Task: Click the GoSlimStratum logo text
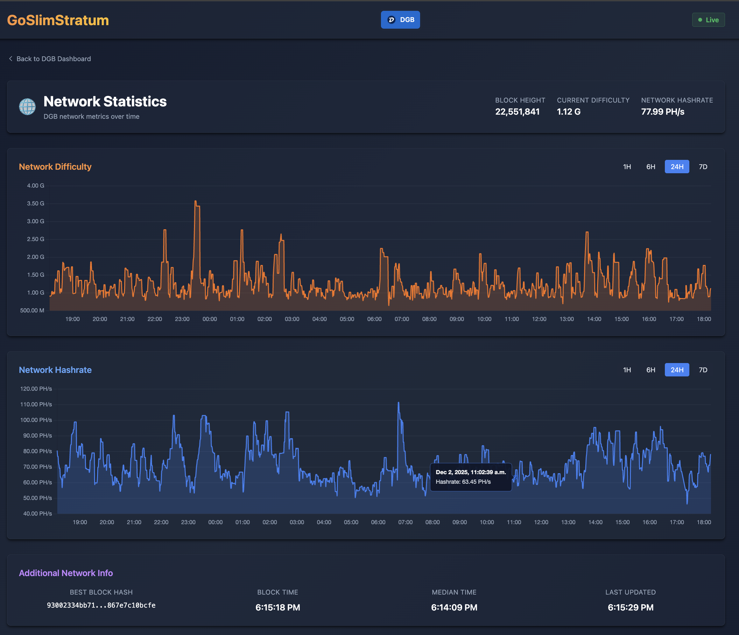[x=58, y=20]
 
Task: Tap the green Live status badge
[x=708, y=20]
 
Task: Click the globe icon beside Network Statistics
[x=27, y=107]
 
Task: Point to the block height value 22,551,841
[x=517, y=112]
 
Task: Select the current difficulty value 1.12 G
[x=568, y=112]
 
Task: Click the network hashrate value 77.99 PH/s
[x=662, y=112]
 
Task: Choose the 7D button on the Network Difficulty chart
[x=703, y=167]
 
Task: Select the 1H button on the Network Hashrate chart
[x=627, y=370]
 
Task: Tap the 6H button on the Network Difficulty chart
[x=651, y=167]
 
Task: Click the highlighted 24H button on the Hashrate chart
[x=677, y=370]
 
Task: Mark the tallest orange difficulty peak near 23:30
[x=195, y=202]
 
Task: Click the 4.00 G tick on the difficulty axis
[x=35, y=186]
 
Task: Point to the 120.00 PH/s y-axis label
[x=36, y=389]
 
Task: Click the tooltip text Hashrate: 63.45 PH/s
[x=463, y=482]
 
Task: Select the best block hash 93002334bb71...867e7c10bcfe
[x=101, y=605]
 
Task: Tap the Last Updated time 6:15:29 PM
[x=630, y=608]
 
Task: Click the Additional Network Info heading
[x=66, y=573]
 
